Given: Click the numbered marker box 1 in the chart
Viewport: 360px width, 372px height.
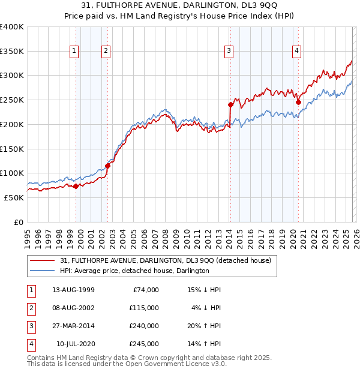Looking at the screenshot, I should pyautogui.click(x=74, y=52).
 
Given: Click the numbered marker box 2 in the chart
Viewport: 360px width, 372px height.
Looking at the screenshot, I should pyautogui.click(x=106, y=52).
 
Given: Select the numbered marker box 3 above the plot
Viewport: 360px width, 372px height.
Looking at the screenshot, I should pyautogui.click(x=229, y=52).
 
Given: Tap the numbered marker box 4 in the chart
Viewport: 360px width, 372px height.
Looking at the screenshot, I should pyautogui.click(x=296, y=52).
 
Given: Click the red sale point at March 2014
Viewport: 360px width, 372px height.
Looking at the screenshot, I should pyautogui.click(x=230, y=104).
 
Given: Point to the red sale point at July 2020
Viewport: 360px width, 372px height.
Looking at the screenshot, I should pyautogui.click(x=298, y=102).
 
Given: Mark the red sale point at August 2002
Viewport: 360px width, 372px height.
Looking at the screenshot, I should pyautogui.click(x=108, y=166).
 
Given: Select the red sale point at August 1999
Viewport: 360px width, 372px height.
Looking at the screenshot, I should pyautogui.click(x=76, y=186).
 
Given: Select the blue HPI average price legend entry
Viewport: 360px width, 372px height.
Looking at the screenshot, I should pyautogui.click(x=134, y=271).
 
